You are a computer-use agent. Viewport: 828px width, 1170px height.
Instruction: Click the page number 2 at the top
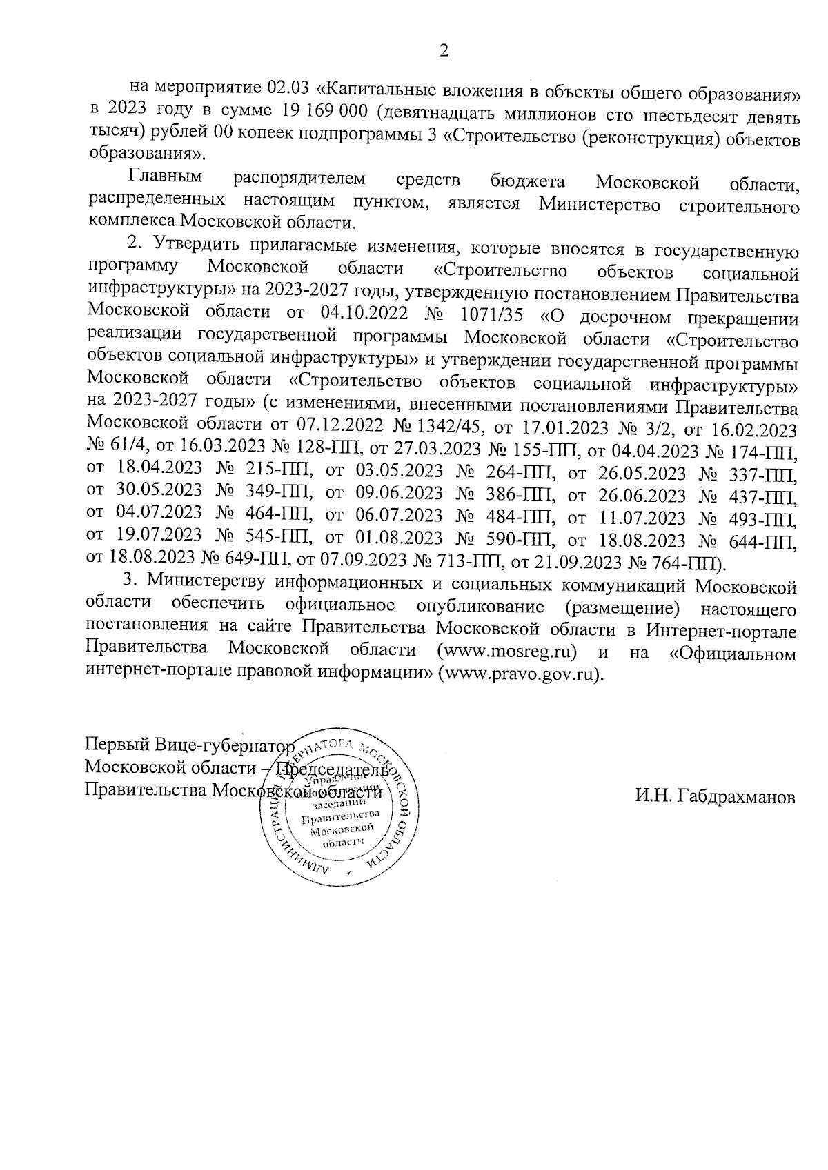pos(444,51)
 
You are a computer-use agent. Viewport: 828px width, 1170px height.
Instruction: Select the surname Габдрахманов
pos(716,798)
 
